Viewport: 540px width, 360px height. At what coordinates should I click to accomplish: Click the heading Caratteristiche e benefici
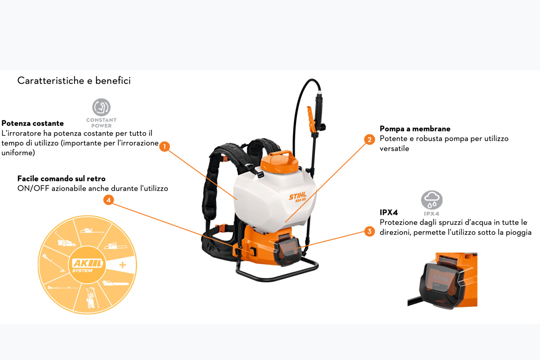pyautogui.click(x=74, y=81)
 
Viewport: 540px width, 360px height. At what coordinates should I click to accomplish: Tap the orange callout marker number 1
pyautogui.click(x=164, y=147)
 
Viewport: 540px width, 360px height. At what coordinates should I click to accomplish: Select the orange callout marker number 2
pyautogui.click(x=369, y=139)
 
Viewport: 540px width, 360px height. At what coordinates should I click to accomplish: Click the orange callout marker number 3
pyautogui.click(x=369, y=231)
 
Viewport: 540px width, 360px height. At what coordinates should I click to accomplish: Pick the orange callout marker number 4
pyautogui.click(x=108, y=200)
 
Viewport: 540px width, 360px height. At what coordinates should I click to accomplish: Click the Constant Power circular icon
pyautogui.click(x=101, y=108)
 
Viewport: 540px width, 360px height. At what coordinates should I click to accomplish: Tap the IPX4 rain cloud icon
pyautogui.click(x=432, y=200)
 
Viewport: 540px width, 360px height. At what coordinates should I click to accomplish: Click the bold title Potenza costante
pyautogui.click(x=33, y=123)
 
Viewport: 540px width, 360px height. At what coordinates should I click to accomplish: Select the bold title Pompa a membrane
pyautogui.click(x=415, y=129)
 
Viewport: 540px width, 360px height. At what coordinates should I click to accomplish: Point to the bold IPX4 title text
pyautogui.click(x=389, y=212)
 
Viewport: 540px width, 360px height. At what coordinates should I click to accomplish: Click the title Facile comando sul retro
pyautogui.click(x=61, y=179)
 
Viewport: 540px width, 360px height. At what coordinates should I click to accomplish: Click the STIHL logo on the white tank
pyautogui.click(x=298, y=197)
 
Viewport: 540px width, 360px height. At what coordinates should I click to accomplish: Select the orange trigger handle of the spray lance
pyautogui.click(x=310, y=119)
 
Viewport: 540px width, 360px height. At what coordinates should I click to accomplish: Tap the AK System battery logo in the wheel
pyautogui.click(x=87, y=264)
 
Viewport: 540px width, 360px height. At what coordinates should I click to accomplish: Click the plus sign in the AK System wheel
pyautogui.click(x=123, y=265)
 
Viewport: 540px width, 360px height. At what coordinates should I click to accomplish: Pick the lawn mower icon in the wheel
pyautogui.click(x=66, y=241)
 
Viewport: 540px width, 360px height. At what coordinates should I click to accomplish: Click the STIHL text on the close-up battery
pyautogui.click(x=441, y=278)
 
